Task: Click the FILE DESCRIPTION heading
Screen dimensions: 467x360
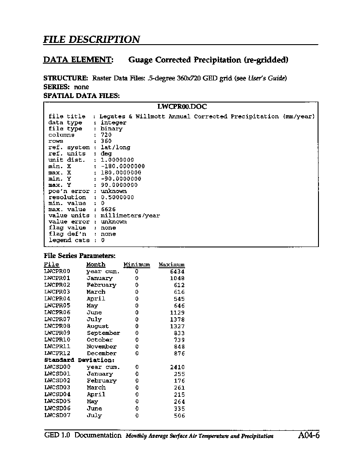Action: coord(91,39)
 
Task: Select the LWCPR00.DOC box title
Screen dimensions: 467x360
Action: coord(182,106)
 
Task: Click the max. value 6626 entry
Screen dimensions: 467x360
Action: coord(108,209)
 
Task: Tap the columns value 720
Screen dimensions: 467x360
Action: coord(106,135)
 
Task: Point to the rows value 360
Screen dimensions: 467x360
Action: coord(106,141)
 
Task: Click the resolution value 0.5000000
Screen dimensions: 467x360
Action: coord(117,197)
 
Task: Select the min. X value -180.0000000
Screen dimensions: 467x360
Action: coord(123,166)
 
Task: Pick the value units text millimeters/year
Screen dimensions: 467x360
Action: coord(130,216)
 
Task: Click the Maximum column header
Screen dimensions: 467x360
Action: coord(172,265)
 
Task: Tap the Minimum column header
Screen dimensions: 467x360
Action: coord(136,265)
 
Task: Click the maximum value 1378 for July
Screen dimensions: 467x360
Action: coord(177,319)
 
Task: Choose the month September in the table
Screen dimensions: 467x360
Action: coord(103,333)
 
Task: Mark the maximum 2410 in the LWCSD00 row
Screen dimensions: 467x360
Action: coord(177,367)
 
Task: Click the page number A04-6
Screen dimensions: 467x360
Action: coord(308,436)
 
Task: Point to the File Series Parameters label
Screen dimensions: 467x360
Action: coord(80,255)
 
